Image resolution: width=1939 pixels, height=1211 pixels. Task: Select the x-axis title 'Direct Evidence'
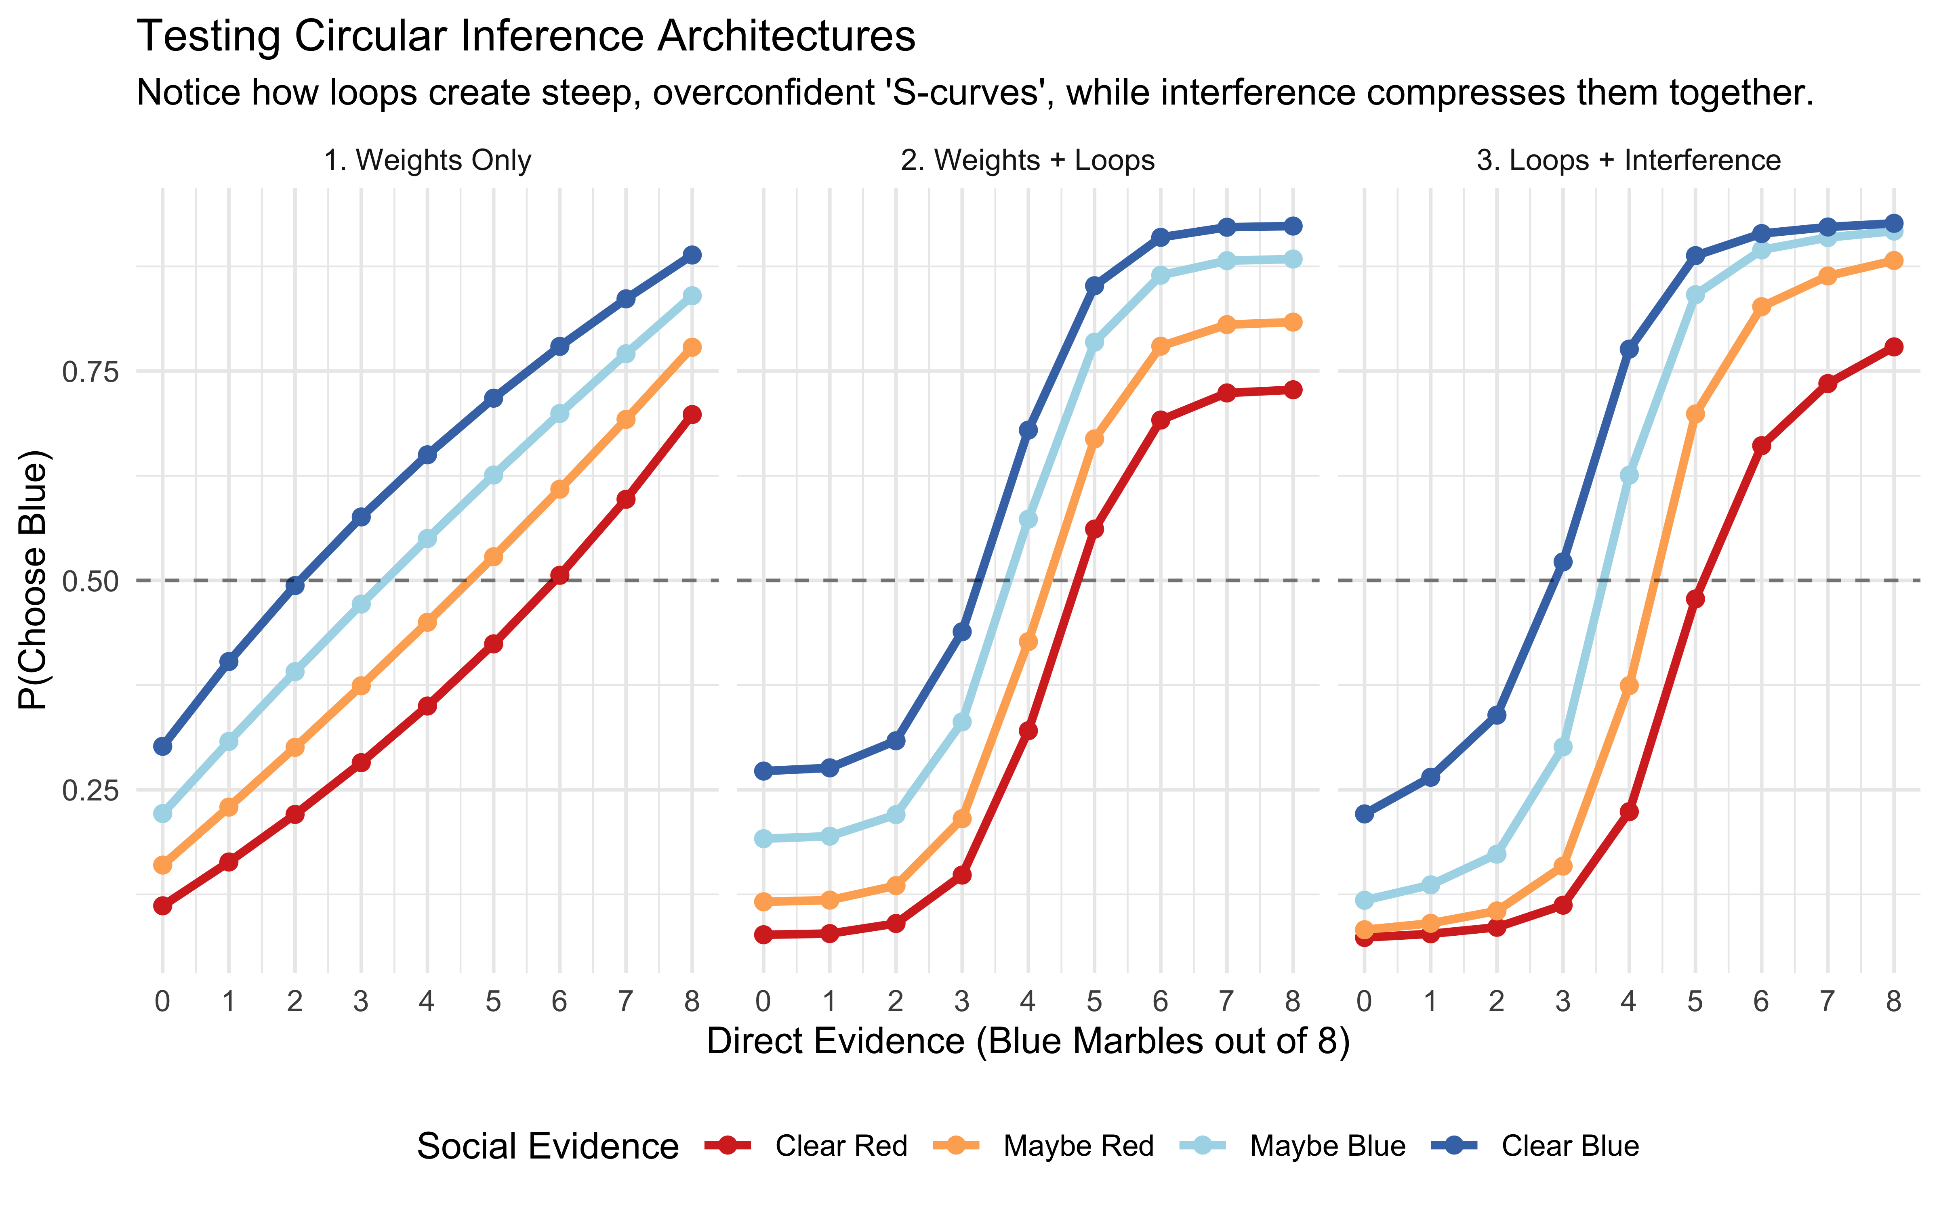pyautogui.click(x=1028, y=1041)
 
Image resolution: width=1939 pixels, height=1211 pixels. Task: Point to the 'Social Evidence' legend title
pyautogui.click(x=548, y=1146)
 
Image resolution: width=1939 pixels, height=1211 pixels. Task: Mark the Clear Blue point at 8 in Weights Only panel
pyautogui.click(x=692, y=255)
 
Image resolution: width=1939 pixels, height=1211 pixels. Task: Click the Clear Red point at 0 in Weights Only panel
pyautogui.click(x=163, y=906)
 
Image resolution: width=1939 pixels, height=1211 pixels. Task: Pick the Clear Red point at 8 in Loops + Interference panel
pyautogui.click(x=1893, y=347)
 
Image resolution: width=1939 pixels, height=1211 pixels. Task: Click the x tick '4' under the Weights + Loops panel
pyautogui.click(x=1028, y=1001)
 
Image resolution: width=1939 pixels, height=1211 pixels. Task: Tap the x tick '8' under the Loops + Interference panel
pyautogui.click(x=1893, y=1001)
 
